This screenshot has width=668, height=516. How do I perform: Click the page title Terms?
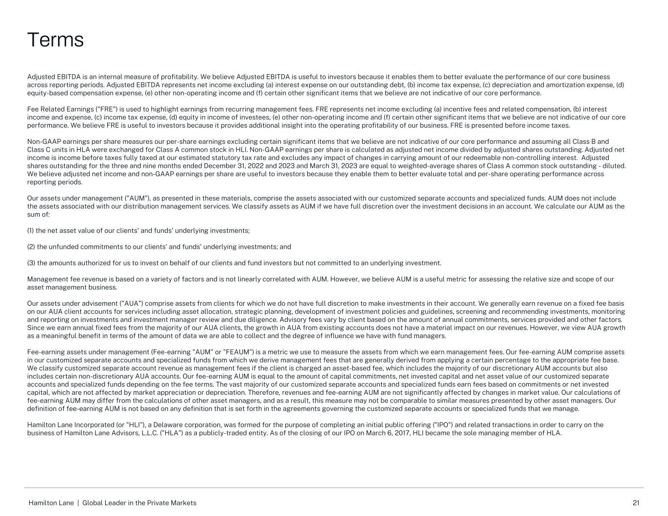click(55, 40)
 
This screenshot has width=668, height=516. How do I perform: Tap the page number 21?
click(636, 503)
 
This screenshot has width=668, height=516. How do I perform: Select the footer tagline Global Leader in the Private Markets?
click(139, 503)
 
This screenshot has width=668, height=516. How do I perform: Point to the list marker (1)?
click(31, 230)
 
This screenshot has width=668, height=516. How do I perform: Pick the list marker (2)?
click(31, 247)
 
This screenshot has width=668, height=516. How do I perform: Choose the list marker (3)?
click(31, 263)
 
